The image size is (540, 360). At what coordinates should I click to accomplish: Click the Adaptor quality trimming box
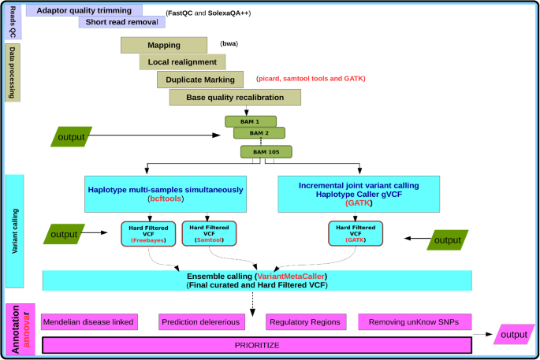coord(84,10)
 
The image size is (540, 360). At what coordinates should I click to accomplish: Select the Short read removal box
coord(122,22)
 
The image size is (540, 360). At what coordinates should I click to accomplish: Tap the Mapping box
coord(164,45)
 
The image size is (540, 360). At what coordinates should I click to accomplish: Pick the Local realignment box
coord(182,62)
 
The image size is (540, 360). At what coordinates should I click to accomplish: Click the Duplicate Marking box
coord(200,80)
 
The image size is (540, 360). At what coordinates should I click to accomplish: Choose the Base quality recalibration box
coord(235,98)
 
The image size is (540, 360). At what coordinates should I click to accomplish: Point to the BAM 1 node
coord(251,121)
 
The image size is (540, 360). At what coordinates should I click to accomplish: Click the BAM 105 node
coord(266,152)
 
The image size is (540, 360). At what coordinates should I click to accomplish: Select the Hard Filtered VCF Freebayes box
coord(148,234)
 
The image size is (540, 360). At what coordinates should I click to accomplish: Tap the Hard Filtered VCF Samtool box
coord(209,234)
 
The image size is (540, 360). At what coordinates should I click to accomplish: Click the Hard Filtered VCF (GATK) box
coord(356,234)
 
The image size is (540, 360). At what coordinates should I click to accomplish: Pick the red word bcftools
coord(166,199)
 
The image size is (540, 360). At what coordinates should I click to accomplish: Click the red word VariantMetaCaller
coord(291,276)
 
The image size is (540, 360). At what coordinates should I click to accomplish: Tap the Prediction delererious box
coord(202,322)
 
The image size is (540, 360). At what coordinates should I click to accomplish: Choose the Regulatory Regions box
coord(306,322)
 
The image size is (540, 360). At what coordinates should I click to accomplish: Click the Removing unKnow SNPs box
coord(415,322)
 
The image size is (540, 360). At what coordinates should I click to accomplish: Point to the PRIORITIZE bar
coord(257,345)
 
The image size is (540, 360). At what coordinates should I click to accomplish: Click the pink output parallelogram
coord(514,335)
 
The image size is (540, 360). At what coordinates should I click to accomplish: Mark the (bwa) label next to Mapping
coord(229,43)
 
